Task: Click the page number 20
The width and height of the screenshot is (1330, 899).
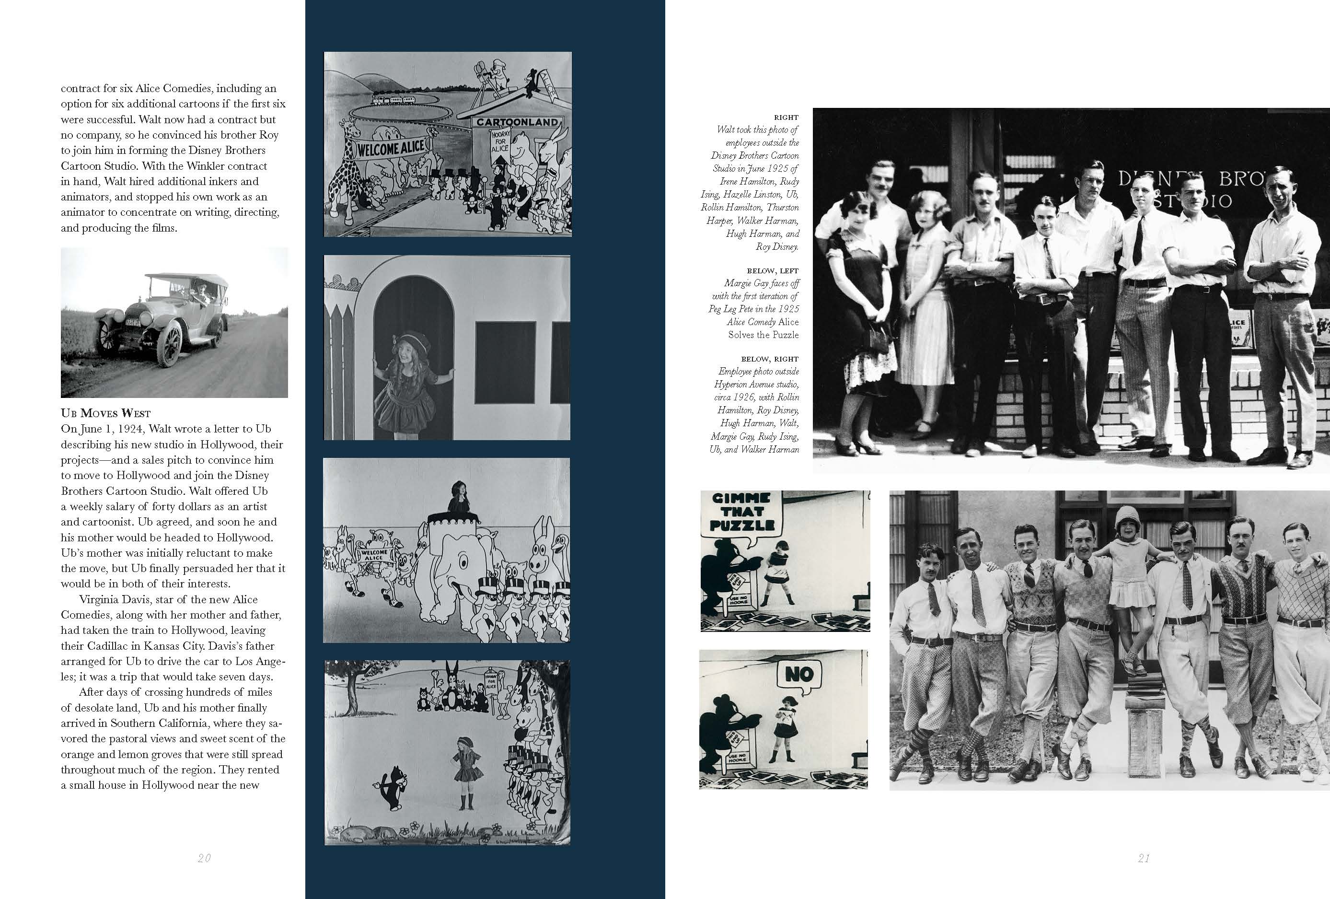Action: pos(204,858)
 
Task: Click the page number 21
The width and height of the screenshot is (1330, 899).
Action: pos(1144,858)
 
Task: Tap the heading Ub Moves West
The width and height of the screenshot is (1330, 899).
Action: pos(106,413)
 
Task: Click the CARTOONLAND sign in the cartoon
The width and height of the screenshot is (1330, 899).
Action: pos(517,122)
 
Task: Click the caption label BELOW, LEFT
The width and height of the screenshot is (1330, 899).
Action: pos(772,271)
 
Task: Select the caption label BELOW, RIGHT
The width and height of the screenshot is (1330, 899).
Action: pos(769,359)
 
